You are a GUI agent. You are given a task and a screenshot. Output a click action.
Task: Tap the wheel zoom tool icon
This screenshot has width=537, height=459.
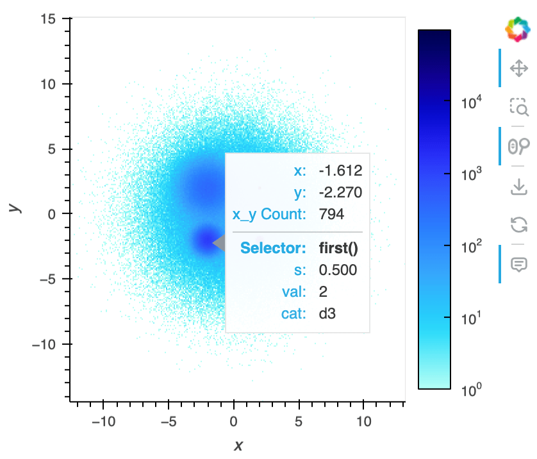518,147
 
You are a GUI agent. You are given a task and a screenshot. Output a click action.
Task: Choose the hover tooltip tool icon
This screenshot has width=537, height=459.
518,263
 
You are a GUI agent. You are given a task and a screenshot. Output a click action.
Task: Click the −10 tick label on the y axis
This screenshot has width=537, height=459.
44,345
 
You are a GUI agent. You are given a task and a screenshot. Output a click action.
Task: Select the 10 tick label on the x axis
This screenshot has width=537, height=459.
363,422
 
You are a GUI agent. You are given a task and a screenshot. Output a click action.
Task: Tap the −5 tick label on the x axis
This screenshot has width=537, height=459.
168,422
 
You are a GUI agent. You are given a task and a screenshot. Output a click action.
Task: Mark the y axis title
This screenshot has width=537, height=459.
13,207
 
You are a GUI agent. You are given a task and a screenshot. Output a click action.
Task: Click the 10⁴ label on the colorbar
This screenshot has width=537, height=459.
474,102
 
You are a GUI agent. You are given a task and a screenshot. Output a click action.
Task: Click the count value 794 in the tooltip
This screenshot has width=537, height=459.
331,215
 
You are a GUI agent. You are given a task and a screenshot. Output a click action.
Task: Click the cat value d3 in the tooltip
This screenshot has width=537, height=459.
327,314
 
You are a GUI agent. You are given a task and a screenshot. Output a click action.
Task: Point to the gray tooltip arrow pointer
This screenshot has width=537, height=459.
219,243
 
